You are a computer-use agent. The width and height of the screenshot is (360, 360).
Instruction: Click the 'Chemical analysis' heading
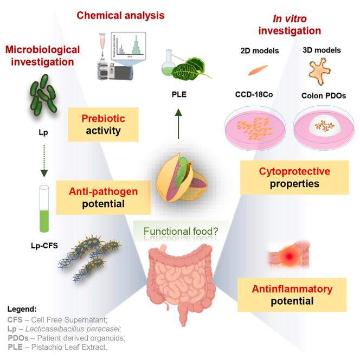pos(120,15)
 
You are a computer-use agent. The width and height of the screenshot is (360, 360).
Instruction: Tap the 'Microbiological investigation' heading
pos(42,56)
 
